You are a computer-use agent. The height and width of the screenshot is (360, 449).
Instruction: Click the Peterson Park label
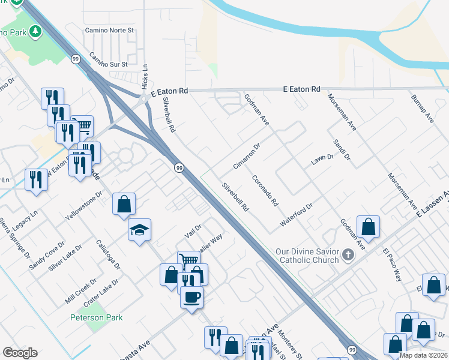(97, 317)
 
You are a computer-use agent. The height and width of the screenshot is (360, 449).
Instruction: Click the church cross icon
(348, 256)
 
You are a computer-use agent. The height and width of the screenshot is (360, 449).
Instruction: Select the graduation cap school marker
(139, 230)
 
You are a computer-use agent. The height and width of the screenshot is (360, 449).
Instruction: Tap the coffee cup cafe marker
(191, 296)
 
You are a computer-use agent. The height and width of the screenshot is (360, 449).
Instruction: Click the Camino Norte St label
(112, 29)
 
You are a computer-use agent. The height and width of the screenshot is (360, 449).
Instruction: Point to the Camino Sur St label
(109, 60)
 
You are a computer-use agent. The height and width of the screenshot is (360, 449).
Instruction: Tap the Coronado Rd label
(265, 190)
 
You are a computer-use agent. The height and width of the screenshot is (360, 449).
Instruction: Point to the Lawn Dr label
(322, 160)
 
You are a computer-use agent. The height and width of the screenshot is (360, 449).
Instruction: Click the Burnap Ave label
(422, 109)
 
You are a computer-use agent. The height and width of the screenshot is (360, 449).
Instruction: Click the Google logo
(20, 353)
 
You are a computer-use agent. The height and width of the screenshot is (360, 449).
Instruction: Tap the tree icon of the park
(36, 31)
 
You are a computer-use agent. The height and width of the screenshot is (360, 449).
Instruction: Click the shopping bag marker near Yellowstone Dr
(123, 204)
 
